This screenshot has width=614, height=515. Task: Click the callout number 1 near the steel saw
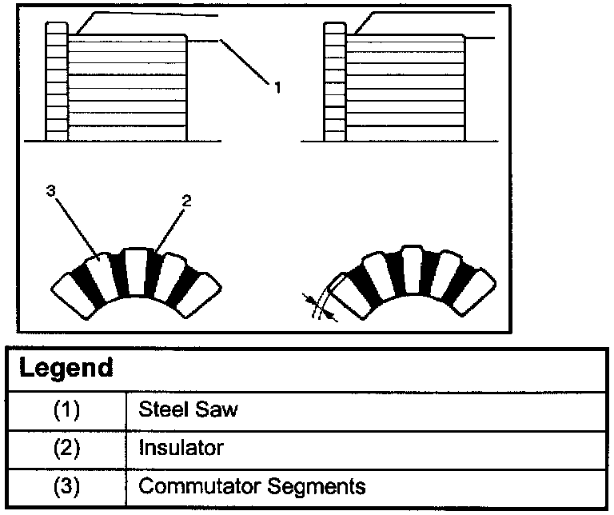(x=277, y=87)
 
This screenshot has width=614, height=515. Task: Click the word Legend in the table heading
(x=66, y=369)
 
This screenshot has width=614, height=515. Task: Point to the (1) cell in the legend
(x=68, y=411)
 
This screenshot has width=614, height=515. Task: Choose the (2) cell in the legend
(x=68, y=449)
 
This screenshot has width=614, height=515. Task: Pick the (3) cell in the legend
(x=68, y=486)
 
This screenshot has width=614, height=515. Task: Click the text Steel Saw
(x=189, y=411)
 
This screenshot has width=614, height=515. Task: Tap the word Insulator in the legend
(x=181, y=449)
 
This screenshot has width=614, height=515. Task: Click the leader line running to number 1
(x=244, y=61)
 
